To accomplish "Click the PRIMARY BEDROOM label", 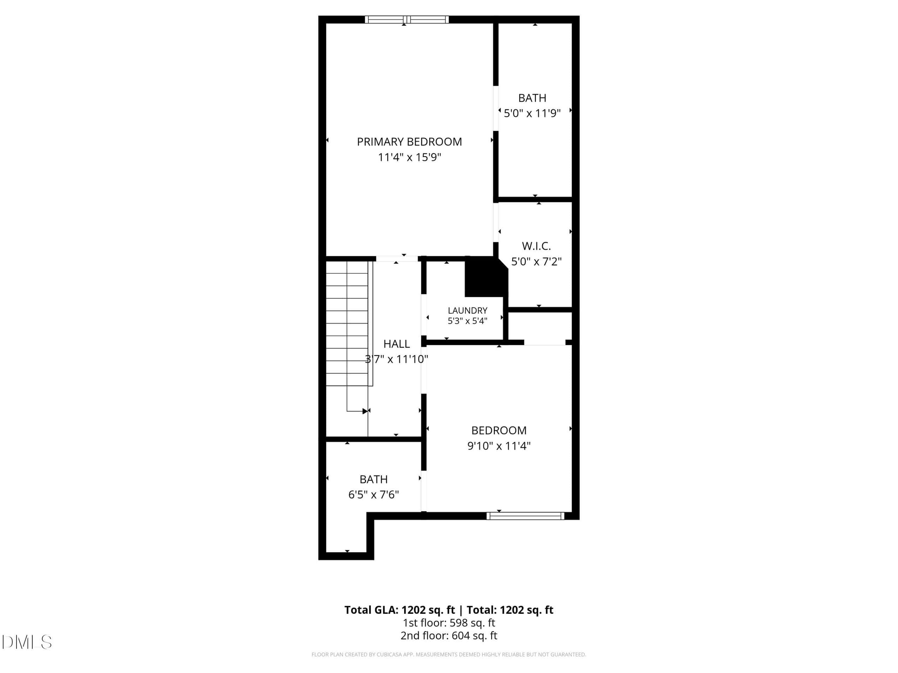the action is coord(409,142).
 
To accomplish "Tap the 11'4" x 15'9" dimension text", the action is coord(409,157).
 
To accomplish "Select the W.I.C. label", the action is coord(536,246).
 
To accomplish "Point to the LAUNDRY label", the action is coord(467,310).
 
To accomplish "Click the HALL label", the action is coord(397,344).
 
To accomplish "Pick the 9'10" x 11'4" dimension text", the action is coord(499,446).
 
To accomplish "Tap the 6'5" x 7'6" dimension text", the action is coord(374,495).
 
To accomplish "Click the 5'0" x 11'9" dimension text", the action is coord(532,113).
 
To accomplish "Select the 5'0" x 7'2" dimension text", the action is coord(536,261).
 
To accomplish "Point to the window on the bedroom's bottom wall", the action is coord(525,516).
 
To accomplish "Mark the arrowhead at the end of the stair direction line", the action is coord(365,411).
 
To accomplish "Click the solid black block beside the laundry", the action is coord(486,276).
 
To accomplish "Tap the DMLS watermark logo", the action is coord(27,642).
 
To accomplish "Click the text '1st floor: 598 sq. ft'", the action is coord(449,623).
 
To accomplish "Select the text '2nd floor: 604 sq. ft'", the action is coord(449,636).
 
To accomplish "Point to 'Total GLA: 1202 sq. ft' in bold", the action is coord(400,610).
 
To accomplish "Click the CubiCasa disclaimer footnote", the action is coord(449,654).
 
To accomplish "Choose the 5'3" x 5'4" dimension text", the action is coord(467,321).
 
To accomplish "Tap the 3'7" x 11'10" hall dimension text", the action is coord(397,359).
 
